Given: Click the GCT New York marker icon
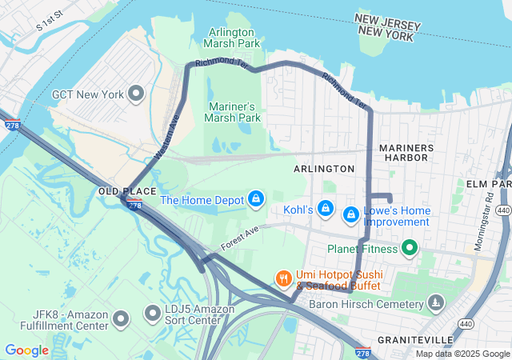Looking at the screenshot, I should tap(136, 94).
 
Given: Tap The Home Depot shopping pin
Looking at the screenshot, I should tap(256, 199).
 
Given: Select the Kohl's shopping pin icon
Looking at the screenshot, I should tap(325, 210).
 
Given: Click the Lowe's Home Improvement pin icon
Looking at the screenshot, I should tap(350, 214).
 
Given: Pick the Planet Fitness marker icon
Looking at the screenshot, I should tap(410, 249).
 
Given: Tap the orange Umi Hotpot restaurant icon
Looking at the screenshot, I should tap(283, 278).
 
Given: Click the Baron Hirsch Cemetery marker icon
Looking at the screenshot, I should tap(435, 303).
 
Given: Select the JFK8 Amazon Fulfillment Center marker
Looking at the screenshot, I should tap(122, 320).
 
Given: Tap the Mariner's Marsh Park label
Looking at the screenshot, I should tap(234, 112).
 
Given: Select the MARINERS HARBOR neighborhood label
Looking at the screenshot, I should tap(406, 153).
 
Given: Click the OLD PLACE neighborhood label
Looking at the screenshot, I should tap(120, 193).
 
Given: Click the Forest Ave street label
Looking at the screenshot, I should tap(241, 236).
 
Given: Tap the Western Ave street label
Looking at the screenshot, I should tap(168, 127).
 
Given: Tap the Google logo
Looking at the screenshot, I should tap(26, 350).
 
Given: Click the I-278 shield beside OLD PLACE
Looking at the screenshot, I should tap(135, 206).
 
